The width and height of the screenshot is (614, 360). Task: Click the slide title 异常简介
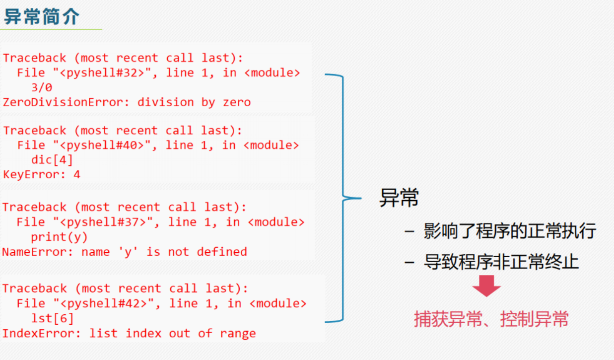click(42, 16)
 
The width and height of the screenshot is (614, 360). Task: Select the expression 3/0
click(41, 88)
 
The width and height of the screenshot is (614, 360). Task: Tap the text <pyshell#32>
click(105, 73)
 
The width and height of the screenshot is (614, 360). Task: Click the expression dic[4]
click(52, 160)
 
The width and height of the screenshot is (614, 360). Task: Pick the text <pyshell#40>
click(105, 145)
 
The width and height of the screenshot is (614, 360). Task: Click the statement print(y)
click(59, 237)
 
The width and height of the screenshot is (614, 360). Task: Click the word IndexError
click(38, 333)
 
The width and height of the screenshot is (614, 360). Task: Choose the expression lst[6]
click(52, 318)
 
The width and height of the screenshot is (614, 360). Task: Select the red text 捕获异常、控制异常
click(491, 319)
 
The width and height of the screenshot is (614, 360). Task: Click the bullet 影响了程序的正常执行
click(509, 231)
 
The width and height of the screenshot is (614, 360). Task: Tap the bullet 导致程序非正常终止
click(501, 262)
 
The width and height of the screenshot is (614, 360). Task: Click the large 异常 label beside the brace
click(399, 198)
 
